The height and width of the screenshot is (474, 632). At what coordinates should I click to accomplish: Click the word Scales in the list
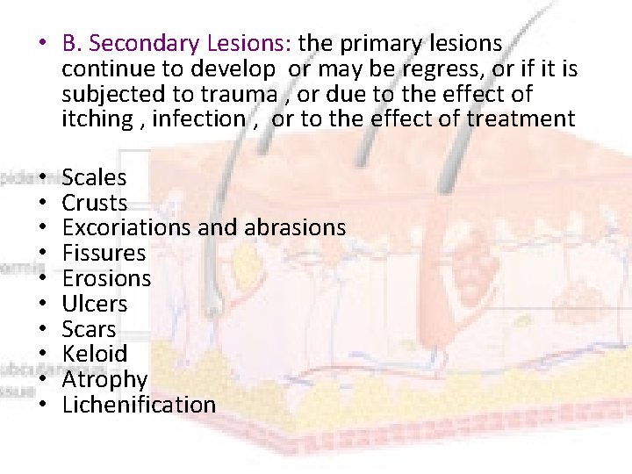[94, 178]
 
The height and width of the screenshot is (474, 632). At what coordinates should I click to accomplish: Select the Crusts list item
[94, 204]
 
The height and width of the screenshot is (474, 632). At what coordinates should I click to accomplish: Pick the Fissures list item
[104, 254]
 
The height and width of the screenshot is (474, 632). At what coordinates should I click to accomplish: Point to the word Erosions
[106, 279]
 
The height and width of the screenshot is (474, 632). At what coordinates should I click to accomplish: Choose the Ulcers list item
[94, 305]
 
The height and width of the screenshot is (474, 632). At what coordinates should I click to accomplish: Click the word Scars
[89, 330]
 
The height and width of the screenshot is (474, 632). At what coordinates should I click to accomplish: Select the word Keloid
[94, 355]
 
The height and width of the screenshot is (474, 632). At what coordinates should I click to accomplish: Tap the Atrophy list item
[104, 380]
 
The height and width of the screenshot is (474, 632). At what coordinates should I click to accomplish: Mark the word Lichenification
[139, 405]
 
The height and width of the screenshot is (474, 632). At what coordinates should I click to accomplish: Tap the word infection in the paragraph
[197, 118]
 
